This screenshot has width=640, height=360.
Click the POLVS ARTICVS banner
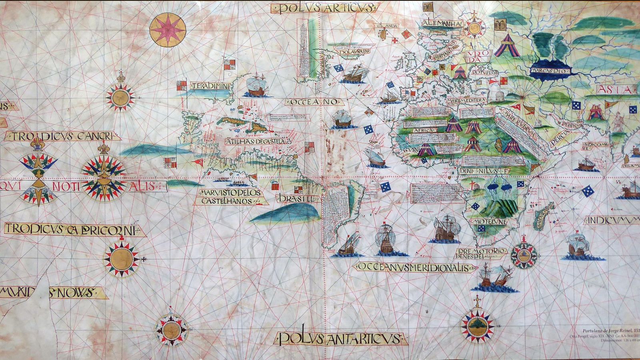pyautogui.click(x=323, y=8)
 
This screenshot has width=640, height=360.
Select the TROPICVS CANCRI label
pyautogui.click(x=62, y=136)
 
